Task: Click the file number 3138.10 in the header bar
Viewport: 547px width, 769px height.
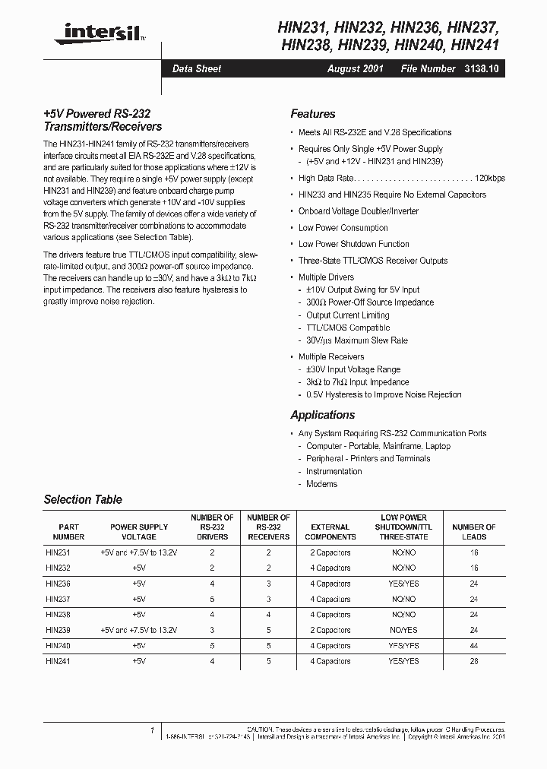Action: tap(481, 68)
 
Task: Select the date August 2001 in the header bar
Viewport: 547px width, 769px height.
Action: tap(356, 68)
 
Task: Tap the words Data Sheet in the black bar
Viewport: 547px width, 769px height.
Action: tap(197, 68)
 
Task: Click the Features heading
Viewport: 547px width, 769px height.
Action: tap(312, 114)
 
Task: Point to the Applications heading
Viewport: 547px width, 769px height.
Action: tap(322, 415)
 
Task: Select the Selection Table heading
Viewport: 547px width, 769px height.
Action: tap(83, 500)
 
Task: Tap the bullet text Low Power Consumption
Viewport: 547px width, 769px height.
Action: tap(343, 228)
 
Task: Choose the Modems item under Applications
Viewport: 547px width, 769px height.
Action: tap(321, 484)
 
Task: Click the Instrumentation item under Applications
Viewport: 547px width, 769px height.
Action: tap(334, 471)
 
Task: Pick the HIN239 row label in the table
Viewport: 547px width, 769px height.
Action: tap(57, 630)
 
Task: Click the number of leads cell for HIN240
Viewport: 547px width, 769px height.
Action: tap(474, 645)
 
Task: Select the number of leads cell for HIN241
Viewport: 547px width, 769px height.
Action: tap(474, 661)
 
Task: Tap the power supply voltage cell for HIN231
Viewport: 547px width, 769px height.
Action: tap(138, 552)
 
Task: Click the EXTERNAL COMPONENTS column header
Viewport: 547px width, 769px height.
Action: tap(330, 531)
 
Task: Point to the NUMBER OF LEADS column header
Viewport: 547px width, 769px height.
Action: tap(474, 531)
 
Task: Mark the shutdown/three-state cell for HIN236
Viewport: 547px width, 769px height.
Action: tap(403, 584)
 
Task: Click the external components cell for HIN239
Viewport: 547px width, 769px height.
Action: tap(330, 630)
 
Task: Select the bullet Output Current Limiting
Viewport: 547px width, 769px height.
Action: tap(347, 315)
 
